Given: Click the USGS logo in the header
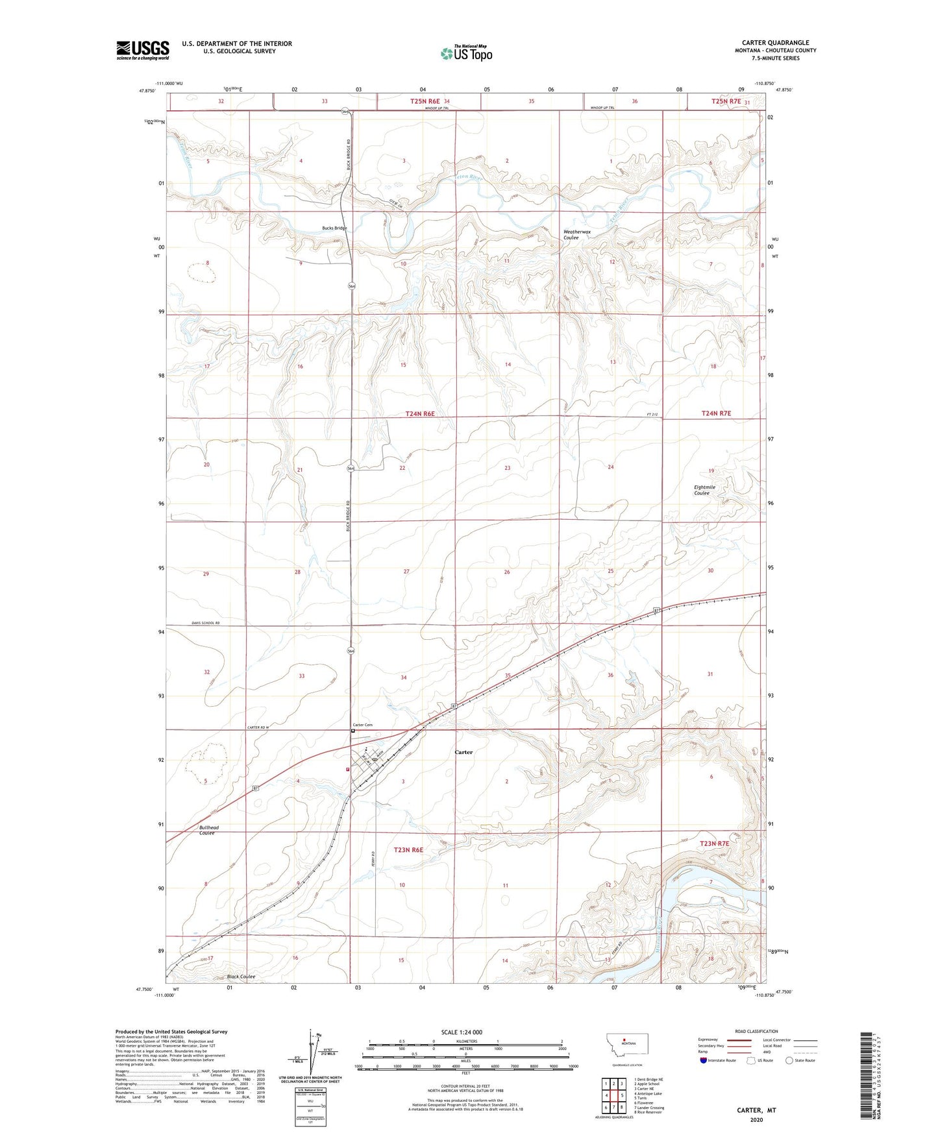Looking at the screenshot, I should click(x=143, y=50).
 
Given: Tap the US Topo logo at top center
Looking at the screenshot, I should click(x=465, y=53).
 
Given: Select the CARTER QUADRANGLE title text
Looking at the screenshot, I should click(x=775, y=43).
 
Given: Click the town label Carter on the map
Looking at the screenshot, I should click(x=463, y=752).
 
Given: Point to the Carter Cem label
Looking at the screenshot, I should click(x=362, y=725).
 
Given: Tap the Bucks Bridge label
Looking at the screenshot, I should click(x=334, y=228).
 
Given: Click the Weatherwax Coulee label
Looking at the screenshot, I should click(x=576, y=235).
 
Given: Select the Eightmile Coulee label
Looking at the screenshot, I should click(x=704, y=490).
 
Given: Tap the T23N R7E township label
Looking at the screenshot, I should click(x=714, y=844).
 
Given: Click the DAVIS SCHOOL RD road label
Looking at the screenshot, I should click(x=206, y=623).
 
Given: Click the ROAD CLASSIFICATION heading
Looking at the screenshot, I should click(x=756, y=1031).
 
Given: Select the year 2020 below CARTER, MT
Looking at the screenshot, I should click(x=756, y=1119).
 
